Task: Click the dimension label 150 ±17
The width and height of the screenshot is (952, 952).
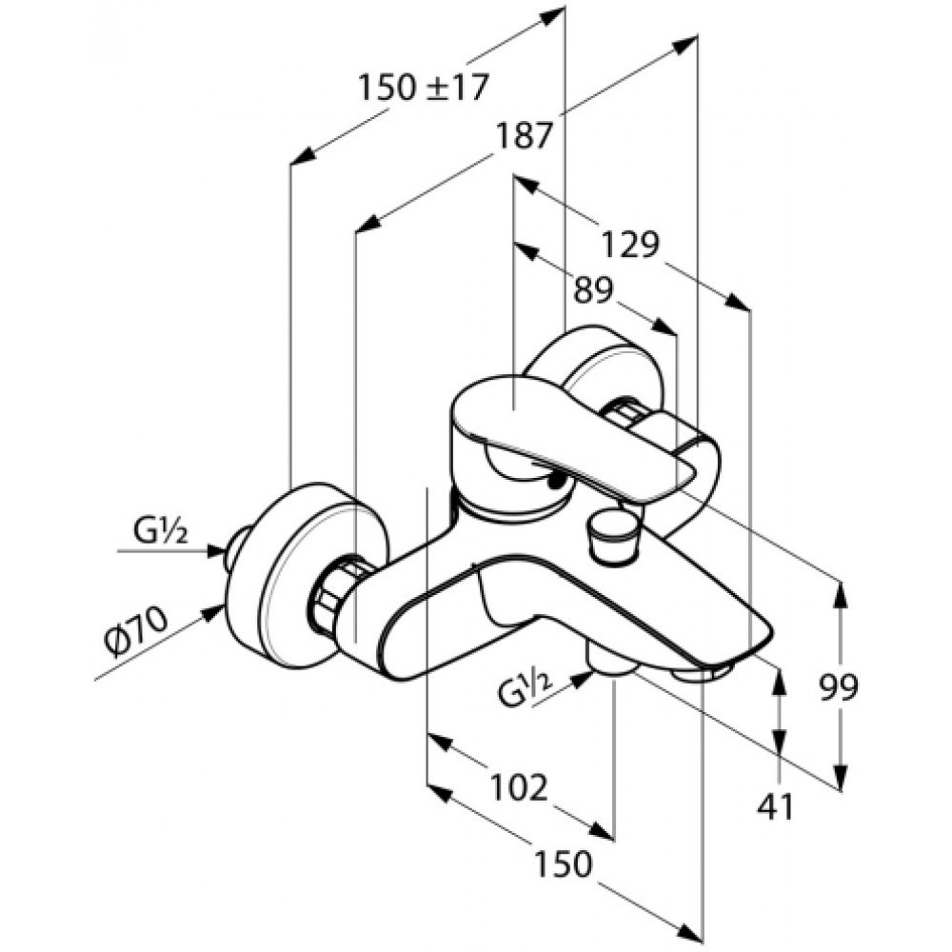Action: pyautogui.click(x=424, y=87)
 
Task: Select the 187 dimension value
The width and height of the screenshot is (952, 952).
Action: pyautogui.click(x=524, y=135)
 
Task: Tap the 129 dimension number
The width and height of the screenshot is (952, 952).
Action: pyautogui.click(x=629, y=245)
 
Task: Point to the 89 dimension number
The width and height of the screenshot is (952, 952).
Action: pyautogui.click(x=594, y=290)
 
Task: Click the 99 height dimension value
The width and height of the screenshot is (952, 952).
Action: pyautogui.click(x=839, y=687)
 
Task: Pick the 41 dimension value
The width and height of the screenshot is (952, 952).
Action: pyautogui.click(x=776, y=807)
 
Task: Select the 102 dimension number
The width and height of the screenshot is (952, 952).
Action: pyautogui.click(x=519, y=787)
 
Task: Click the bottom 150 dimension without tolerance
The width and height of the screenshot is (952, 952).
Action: pyautogui.click(x=563, y=863)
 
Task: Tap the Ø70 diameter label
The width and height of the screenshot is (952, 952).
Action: pyautogui.click(x=135, y=631)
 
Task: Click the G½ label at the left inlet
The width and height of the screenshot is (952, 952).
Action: pyautogui.click(x=161, y=531)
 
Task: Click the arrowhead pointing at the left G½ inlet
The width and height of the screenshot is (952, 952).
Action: pyautogui.click(x=217, y=550)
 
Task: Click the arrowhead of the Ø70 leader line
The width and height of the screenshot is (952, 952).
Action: pyautogui.click(x=212, y=613)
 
